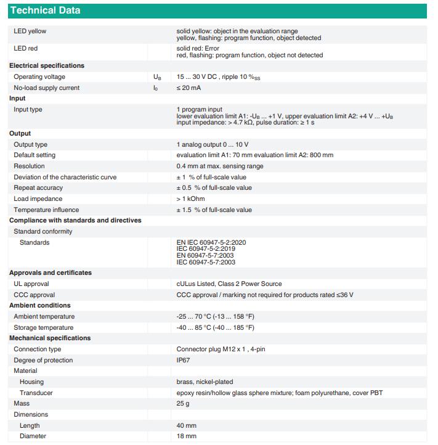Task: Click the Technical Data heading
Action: pos(45,10)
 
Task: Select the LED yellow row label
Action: pos(30,31)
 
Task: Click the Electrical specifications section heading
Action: pos(47,65)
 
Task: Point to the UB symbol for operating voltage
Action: pos(157,77)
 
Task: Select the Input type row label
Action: pos(28,109)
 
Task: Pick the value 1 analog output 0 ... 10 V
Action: pos(212,144)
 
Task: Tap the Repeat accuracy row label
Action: pos(38,187)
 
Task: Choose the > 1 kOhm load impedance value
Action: pos(190,198)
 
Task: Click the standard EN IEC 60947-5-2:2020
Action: pos(211,242)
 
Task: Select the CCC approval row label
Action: pos(34,295)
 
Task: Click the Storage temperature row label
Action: pos(43,327)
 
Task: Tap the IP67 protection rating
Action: pos(183,360)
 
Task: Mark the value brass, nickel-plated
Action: pos(205,382)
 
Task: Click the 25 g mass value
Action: pos(183,403)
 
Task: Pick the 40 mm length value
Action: pos(186,425)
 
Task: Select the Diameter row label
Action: pos(33,436)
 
